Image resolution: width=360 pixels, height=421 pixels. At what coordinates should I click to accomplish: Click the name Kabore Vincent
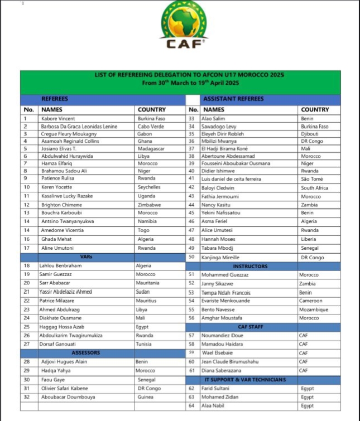pos(58,118)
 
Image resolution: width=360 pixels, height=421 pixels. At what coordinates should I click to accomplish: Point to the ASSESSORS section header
pos(87,353)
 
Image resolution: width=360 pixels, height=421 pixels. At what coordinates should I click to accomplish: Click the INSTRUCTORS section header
pos(250,266)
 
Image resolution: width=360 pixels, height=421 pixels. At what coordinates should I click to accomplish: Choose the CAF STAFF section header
pos(249,327)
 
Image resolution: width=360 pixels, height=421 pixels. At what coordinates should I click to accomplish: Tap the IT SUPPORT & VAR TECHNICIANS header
pos(250,379)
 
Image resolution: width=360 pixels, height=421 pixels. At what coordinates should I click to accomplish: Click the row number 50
pos(191,257)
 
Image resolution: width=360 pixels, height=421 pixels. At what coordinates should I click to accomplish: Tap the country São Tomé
pos(311,178)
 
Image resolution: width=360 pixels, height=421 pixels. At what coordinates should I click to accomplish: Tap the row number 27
pos(26,344)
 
